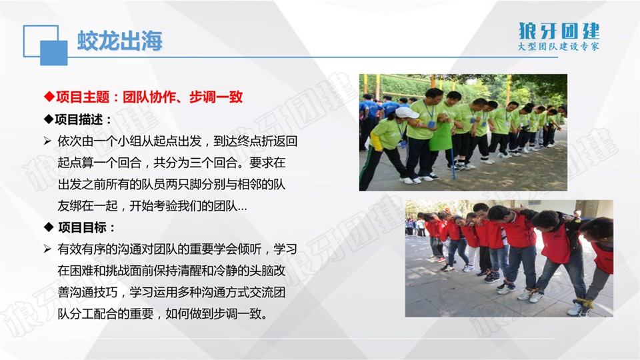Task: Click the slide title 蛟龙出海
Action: click(x=120, y=41)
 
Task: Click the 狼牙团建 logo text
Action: click(x=559, y=31)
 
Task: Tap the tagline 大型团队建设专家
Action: click(x=559, y=46)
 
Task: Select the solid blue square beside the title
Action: click(x=54, y=53)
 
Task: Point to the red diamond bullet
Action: click(x=49, y=97)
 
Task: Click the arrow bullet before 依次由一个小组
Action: click(x=47, y=141)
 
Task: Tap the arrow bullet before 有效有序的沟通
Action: click(x=47, y=249)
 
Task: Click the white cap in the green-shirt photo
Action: click(x=406, y=112)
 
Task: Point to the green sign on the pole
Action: click(x=441, y=136)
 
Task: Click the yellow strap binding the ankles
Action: click(x=586, y=303)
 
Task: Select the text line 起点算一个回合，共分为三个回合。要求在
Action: click(x=171, y=163)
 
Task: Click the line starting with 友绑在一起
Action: click(x=152, y=206)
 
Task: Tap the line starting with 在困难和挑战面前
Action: click(x=171, y=271)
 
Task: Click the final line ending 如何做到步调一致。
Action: click(x=163, y=314)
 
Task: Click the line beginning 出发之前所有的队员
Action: click(x=171, y=184)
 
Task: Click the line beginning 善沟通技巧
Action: click(x=171, y=292)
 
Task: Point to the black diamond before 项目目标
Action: click(x=49, y=227)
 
